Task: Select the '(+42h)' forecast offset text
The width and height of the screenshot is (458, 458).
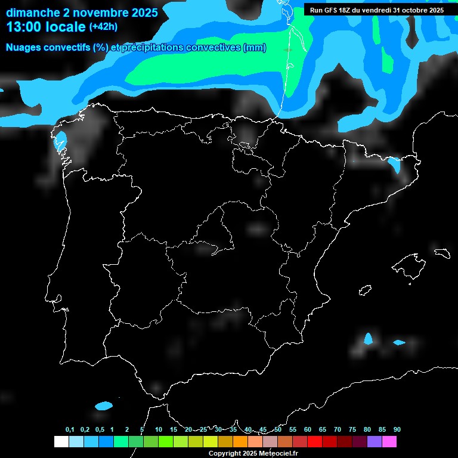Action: (103, 27)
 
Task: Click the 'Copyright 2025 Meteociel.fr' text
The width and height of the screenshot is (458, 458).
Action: (253, 453)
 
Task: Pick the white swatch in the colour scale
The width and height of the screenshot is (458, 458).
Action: (61, 441)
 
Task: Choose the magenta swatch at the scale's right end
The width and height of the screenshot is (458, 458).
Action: (389, 441)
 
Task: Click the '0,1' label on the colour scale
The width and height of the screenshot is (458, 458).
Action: (70, 430)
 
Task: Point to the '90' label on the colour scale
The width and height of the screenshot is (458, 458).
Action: (397, 430)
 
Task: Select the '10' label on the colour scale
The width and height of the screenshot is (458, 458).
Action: (158, 430)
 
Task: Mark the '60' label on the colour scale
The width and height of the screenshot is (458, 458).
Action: (307, 430)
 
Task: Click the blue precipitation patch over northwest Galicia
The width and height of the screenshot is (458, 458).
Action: (60, 141)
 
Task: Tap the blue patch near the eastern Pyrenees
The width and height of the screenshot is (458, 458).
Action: (394, 164)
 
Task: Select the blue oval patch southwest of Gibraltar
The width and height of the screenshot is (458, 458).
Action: (104, 406)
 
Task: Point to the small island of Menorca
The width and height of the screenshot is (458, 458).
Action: (442, 252)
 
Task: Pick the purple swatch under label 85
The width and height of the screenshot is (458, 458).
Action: (375, 441)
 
